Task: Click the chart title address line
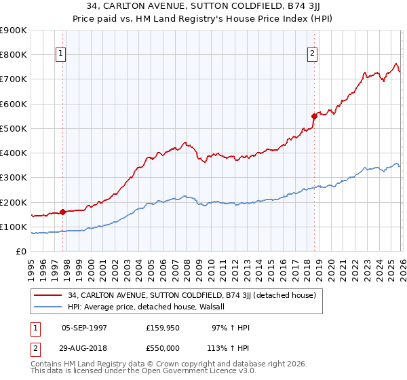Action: coord(203,7)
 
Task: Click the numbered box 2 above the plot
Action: coord(313,54)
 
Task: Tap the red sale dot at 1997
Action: coord(62,212)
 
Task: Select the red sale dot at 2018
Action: coord(314,116)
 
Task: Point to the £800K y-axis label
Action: coord(14,54)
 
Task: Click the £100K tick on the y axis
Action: coord(14,227)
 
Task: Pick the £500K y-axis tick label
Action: coord(14,128)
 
